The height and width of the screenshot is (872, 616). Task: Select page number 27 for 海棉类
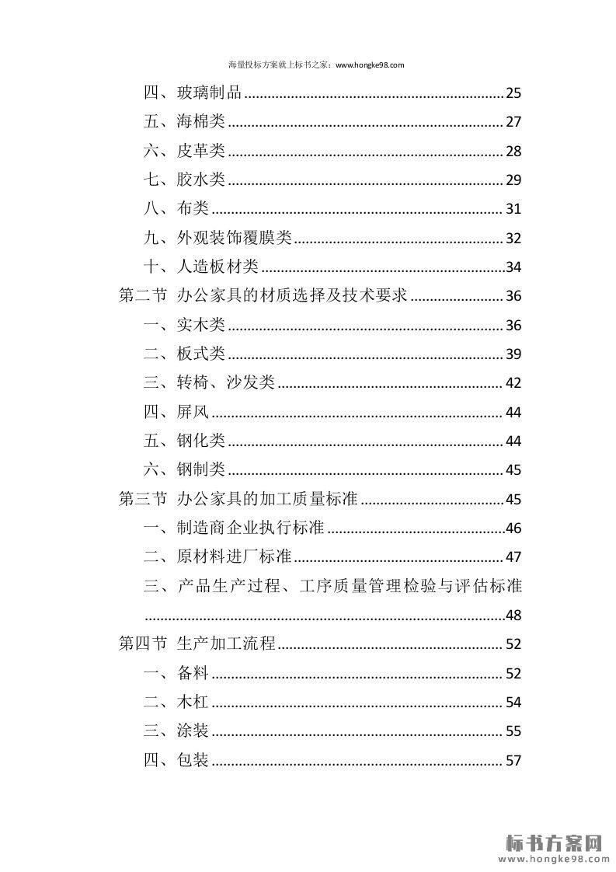[x=513, y=122]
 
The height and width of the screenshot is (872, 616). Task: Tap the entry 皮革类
[x=200, y=151]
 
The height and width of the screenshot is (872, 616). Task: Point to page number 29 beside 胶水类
[x=513, y=180]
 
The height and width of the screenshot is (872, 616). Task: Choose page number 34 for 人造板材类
[x=513, y=267]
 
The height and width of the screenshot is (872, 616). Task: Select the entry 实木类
[x=200, y=325]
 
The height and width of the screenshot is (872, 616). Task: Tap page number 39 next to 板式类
[x=513, y=354]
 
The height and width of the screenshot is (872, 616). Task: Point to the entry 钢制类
[x=200, y=469]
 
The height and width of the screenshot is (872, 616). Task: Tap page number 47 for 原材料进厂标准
[x=513, y=557]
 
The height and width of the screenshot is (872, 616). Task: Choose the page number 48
[x=513, y=616]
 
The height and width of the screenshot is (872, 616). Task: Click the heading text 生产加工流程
[x=226, y=644]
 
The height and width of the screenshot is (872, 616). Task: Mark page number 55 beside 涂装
[x=513, y=731]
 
